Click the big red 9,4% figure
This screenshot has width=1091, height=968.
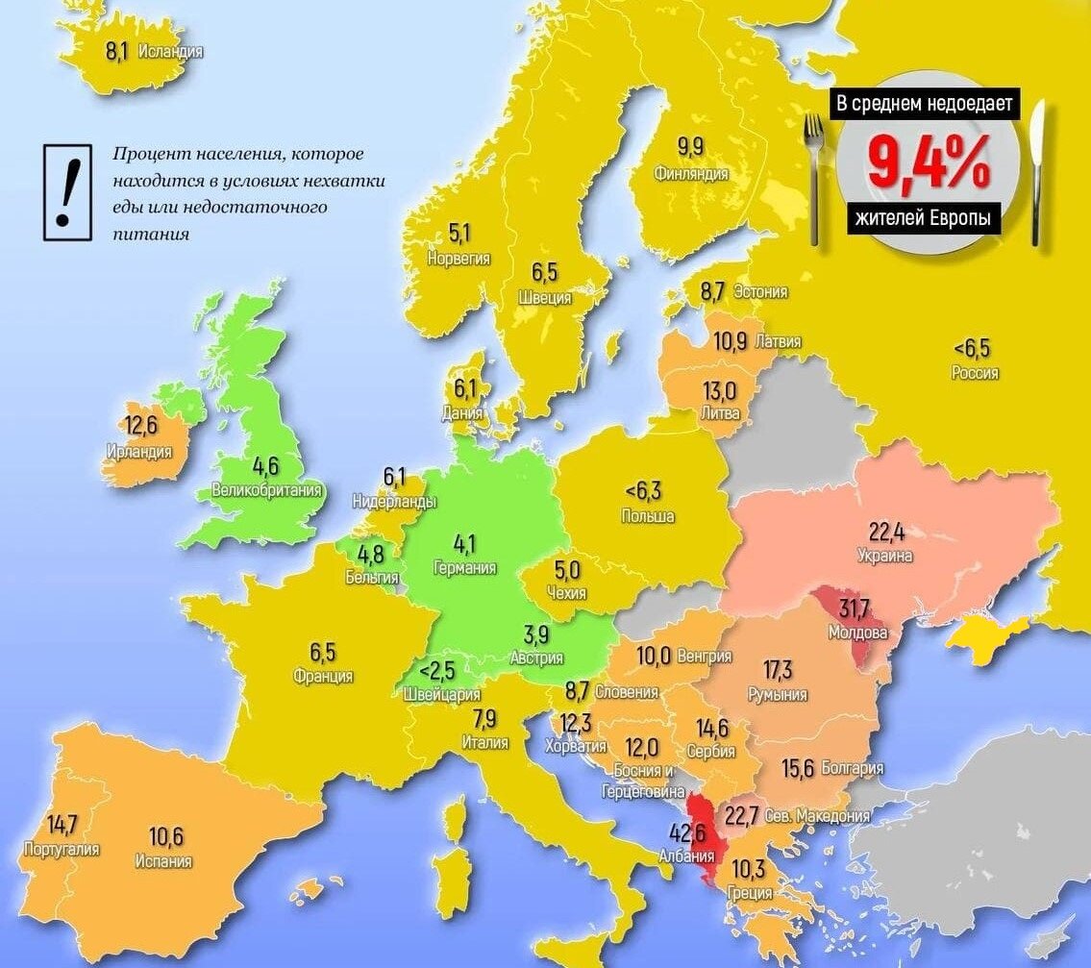point(928,162)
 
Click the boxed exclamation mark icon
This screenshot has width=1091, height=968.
point(66,191)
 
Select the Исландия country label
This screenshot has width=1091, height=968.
point(170,52)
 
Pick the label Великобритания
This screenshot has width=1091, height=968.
point(266,491)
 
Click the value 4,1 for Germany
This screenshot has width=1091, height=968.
point(465,545)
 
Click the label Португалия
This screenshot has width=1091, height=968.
point(62,850)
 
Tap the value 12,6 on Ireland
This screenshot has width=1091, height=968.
point(140,425)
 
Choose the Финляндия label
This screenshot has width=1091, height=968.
point(690,174)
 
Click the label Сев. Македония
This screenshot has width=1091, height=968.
point(817,816)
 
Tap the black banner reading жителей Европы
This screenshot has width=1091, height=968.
point(923,218)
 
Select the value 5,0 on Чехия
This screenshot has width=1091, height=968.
point(566,570)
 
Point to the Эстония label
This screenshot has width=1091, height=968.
point(759,292)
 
